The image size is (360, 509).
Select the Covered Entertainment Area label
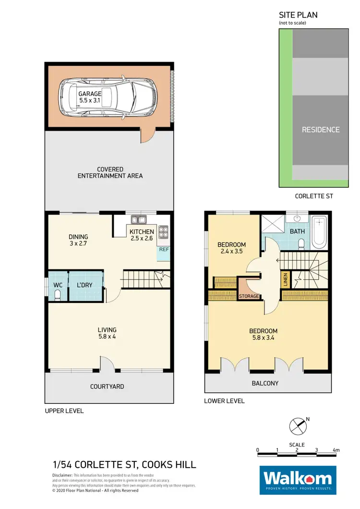click(110, 172)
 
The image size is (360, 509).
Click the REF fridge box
click(164, 250)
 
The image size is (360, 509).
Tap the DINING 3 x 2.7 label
click(78, 240)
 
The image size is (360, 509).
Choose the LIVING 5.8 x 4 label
click(107, 333)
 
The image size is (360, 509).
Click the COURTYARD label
click(107, 387)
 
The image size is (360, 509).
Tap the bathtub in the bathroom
click(319, 233)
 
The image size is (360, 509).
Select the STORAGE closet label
click(249, 296)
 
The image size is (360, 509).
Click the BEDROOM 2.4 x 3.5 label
click(231, 247)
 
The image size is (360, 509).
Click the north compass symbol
click(297, 425)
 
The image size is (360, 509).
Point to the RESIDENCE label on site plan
click(320, 130)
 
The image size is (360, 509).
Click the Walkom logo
click(296, 480)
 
